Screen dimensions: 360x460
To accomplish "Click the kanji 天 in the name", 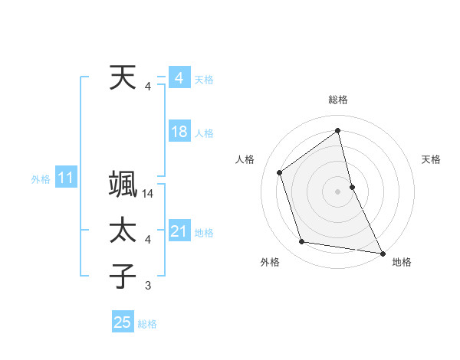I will tap(123, 78).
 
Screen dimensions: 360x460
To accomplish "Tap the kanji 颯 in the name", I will tap(123, 185).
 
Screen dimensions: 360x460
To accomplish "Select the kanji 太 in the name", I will tap(123, 231).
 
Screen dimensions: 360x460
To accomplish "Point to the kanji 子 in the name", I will tap(123, 277).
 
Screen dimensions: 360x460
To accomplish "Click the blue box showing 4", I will tap(179, 78).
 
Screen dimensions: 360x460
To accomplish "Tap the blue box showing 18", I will tap(179, 132).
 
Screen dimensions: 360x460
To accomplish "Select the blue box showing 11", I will tap(65, 178).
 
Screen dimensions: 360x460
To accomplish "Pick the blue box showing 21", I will tap(179, 231).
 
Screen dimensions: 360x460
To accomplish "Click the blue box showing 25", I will tap(122, 322).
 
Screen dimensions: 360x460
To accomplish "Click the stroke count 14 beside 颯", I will tap(148, 194).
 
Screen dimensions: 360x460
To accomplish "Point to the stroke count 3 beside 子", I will tap(148, 286).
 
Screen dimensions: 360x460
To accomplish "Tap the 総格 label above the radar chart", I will tap(338, 100).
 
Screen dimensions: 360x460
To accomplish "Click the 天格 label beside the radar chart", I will tap(432, 159).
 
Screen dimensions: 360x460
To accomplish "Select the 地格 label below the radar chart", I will tap(402, 262).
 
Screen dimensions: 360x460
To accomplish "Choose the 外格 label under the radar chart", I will tap(270, 262).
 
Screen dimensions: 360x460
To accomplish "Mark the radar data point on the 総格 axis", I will tap(338, 130).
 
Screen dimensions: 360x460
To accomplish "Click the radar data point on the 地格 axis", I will tap(381, 253).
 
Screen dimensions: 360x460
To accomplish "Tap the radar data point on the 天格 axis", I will tap(352, 186).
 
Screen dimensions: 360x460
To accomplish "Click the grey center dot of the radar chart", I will tap(338, 191).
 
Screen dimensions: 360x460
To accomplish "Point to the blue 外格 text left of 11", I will tap(40, 179).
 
